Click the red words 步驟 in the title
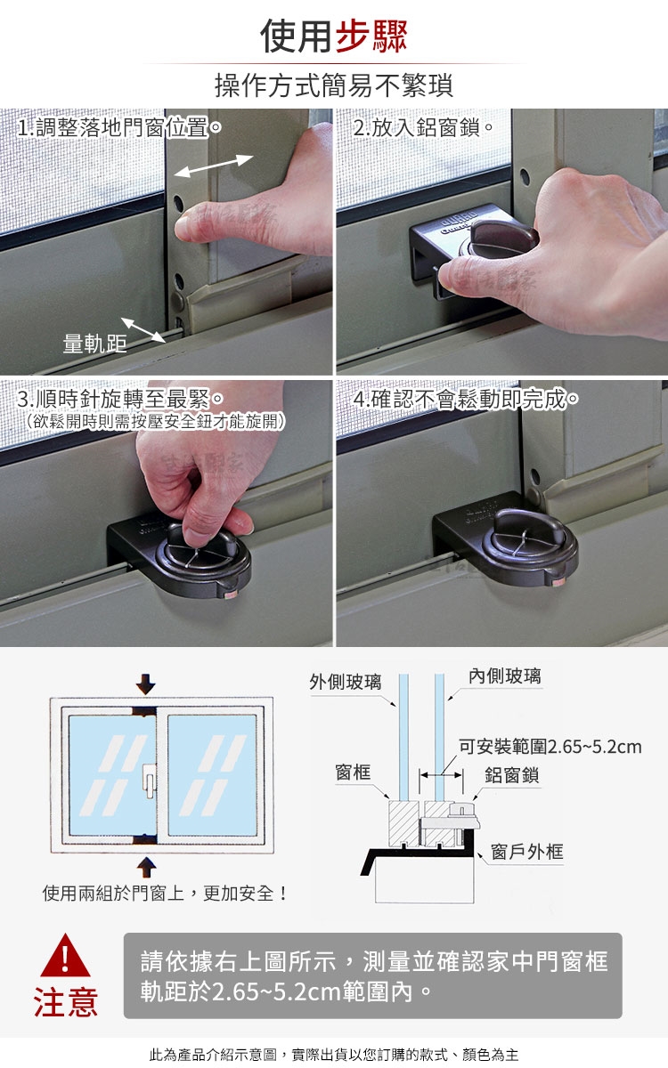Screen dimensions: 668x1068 tap(371, 36)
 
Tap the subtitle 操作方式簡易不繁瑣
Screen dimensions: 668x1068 tap(334, 85)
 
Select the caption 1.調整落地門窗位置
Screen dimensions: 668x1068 tap(119, 128)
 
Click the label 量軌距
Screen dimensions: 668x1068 tap(95, 344)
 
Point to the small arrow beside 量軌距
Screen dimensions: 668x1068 tap(143, 330)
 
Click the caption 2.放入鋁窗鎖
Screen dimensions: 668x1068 tap(423, 128)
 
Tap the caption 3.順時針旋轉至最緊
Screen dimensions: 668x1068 tap(120, 399)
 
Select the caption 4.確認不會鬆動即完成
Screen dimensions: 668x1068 tap(466, 399)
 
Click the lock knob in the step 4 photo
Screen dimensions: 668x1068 tap(530, 544)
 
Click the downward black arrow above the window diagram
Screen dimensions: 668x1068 tap(145, 684)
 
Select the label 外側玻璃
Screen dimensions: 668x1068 tap(346, 683)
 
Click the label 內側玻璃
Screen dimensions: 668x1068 tap(505, 676)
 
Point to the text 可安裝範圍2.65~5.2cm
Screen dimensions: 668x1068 tap(550, 747)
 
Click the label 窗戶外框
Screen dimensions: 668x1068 tap(527, 852)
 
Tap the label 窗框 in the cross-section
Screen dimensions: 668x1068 tap(353, 772)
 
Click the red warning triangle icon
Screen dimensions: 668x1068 tap(65, 956)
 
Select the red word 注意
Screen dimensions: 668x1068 tap(66, 1002)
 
